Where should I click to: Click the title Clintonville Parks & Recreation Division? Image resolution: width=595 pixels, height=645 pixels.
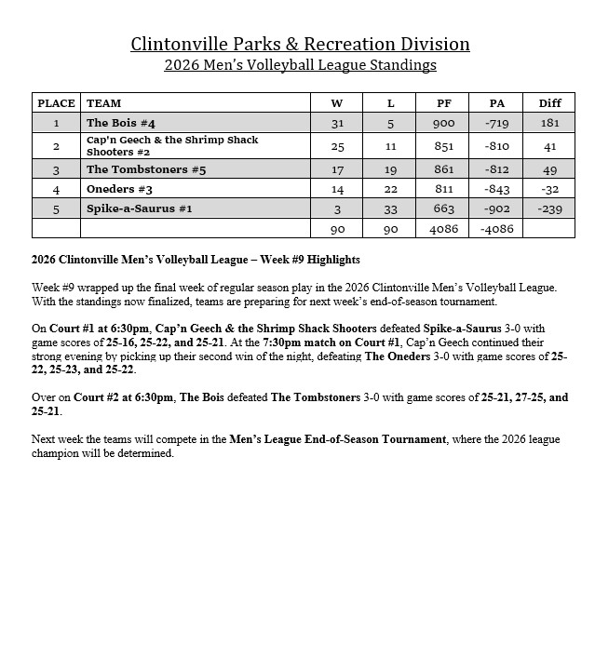pos(300,44)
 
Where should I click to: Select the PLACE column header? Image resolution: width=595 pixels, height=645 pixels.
pos(55,103)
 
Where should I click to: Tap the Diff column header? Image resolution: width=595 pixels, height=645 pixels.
pos(549,103)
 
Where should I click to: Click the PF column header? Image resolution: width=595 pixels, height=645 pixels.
pos(444,103)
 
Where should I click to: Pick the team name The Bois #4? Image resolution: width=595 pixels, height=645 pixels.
pos(121,123)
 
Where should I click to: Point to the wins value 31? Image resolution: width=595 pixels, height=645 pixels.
pos(337,123)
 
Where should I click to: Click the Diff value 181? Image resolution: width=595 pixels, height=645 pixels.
pos(549,123)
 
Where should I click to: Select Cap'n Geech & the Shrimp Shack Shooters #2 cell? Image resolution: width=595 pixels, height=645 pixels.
pos(172,146)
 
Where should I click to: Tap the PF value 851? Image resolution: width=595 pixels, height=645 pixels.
pos(444,146)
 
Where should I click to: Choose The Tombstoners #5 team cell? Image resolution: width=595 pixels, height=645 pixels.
pos(146,169)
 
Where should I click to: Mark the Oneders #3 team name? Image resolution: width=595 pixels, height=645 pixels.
pos(119,189)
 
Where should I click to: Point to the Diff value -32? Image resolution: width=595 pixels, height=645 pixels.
pos(549,189)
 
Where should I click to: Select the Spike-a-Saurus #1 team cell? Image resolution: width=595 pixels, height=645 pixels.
pos(140,209)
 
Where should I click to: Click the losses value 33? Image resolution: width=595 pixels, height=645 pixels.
pos(391,209)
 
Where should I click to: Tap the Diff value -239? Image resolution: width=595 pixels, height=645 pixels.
pos(549,209)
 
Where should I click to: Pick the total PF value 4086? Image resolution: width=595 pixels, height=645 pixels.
pos(444,229)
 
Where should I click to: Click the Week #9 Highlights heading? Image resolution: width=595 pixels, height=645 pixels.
pos(196,260)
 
